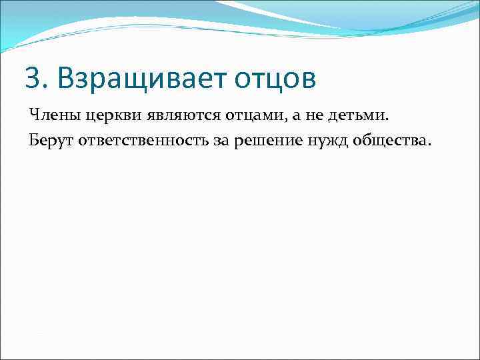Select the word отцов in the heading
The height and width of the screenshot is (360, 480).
click(274, 79)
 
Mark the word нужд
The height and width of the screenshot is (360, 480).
click(315, 141)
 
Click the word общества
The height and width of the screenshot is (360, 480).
click(381, 141)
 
